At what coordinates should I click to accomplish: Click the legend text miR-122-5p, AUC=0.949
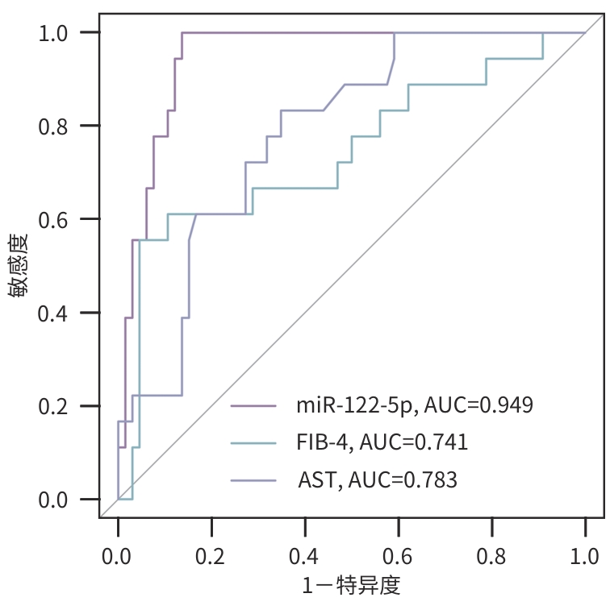pos(414,405)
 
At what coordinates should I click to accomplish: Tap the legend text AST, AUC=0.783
pos(378,480)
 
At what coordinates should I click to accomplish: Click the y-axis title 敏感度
pos(19,266)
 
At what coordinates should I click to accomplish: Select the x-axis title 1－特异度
pos(351,586)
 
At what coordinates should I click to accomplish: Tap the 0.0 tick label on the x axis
pos(118,556)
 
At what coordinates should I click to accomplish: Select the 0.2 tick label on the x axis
pos(211,556)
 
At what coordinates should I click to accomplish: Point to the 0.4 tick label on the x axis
pos(305,556)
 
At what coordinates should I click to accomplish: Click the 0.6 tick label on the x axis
pos(398,556)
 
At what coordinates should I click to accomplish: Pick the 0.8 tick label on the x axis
pos(491,556)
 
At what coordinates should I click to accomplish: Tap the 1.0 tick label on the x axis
pos(585,556)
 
